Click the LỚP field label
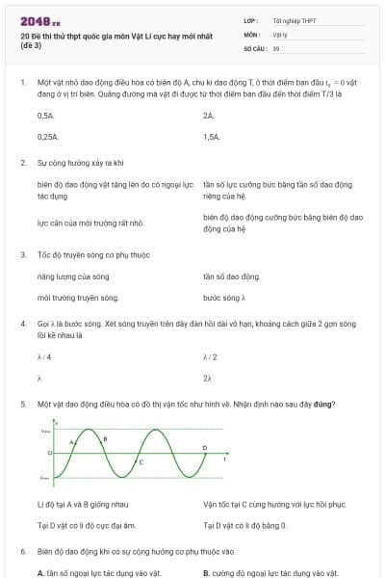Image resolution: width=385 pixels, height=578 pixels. coord(250,20)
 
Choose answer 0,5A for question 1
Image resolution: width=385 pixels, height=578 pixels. coord(45,116)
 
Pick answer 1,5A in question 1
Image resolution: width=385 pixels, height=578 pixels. coord(212,137)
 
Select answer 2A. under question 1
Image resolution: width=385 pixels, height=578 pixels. coord(209,116)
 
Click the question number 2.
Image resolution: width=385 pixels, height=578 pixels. coord(22,164)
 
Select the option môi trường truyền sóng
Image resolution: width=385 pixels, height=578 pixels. coord(77,298)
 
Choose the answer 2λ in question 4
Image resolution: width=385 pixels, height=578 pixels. coord(208,378)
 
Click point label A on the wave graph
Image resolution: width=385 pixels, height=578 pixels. coord(71,441)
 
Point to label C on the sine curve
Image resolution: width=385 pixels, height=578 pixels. coord(141,463)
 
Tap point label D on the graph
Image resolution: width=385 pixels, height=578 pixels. coord(204,448)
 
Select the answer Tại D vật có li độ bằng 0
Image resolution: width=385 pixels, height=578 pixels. coord(244,525)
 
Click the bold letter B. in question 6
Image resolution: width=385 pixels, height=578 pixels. coord(207,573)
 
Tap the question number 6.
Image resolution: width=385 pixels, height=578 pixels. coord(22,552)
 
